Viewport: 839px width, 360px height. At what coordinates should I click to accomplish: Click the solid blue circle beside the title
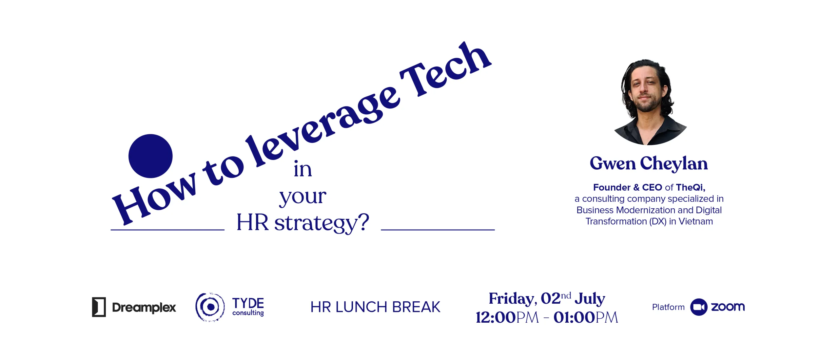coord(150,156)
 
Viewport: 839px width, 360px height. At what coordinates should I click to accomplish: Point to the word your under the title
coord(302,197)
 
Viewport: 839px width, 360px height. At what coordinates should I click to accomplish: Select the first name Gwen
coord(613,163)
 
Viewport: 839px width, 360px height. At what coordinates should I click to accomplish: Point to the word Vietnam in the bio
coord(695,221)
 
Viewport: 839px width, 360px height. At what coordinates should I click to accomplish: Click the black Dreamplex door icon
coord(99,307)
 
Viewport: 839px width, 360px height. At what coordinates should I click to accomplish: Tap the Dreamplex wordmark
coord(144,308)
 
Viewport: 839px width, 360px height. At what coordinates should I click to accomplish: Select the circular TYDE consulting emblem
coord(210,307)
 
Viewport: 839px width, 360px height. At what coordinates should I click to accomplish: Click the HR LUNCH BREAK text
coord(375,307)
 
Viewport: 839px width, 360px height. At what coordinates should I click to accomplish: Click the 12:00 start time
coord(496,317)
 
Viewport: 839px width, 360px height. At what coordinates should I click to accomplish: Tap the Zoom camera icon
coord(699,307)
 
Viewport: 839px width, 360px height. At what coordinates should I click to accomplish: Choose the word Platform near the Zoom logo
coord(668,307)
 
